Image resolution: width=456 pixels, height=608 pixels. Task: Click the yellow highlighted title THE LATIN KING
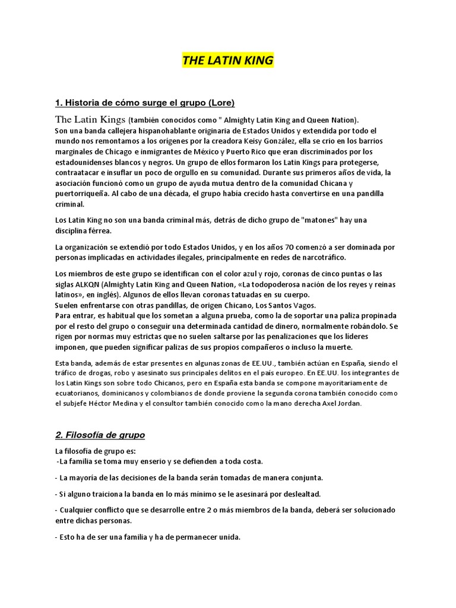(x=228, y=61)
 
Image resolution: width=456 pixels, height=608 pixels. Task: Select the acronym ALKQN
(x=84, y=284)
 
